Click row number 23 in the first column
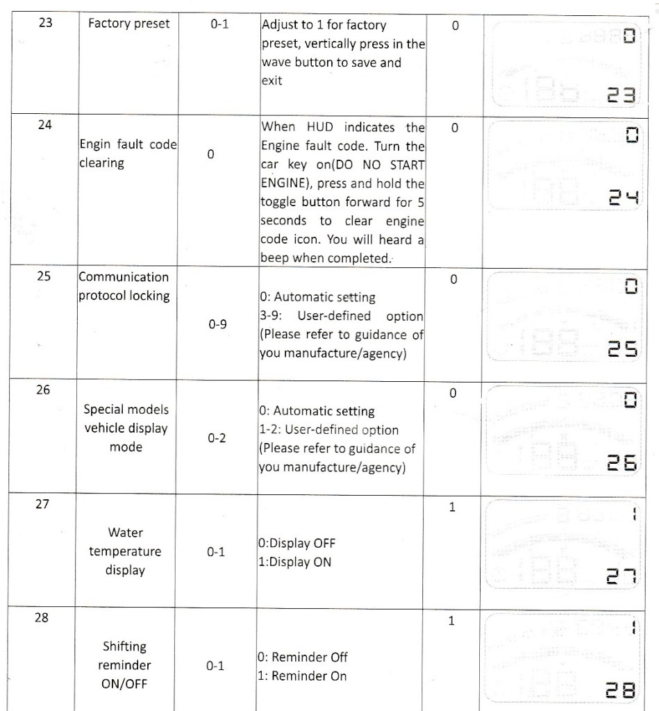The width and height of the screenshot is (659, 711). click(x=43, y=24)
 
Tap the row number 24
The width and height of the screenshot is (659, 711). click(x=43, y=128)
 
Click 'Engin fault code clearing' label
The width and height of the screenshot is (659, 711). click(x=128, y=153)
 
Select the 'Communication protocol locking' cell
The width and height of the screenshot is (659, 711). click(x=124, y=286)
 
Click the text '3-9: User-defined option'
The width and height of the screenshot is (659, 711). click(x=341, y=316)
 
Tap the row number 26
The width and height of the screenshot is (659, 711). click(x=43, y=390)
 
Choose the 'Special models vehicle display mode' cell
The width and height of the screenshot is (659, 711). click(x=126, y=428)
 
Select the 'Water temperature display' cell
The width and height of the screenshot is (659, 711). click(x=126, y=551)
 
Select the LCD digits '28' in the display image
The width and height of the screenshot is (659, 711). click(x=619, y=691)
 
